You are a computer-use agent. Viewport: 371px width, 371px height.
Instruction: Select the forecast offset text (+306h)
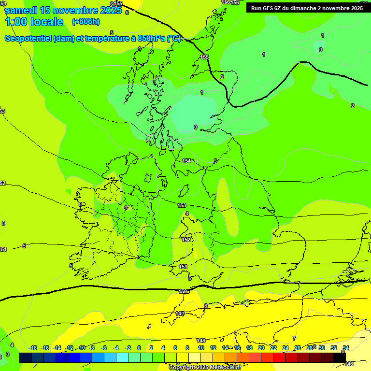pos(86,22)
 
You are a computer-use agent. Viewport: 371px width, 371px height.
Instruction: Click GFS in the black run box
pos(270,8)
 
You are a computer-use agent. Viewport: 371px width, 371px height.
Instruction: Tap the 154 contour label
pos(187,161)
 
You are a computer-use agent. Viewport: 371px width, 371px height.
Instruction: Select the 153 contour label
pos(182,205)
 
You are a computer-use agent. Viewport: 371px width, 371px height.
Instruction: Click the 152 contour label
pos(186,240)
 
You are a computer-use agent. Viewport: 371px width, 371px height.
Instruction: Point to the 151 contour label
pos(183,267)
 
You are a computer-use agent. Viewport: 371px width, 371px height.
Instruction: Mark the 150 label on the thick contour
pos(183,291)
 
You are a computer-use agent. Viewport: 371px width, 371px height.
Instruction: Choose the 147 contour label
pos(180,314)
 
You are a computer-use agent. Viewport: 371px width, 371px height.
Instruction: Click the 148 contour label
pos(201,341)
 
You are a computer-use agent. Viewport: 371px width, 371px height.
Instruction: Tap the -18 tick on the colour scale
pos(33,348)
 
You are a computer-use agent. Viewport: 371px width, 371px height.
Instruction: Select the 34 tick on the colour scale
pos(346,348)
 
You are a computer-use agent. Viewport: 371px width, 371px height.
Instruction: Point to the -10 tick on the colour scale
pos(82,348)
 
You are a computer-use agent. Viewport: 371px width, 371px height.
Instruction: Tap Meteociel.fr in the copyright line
pos(224,368)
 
